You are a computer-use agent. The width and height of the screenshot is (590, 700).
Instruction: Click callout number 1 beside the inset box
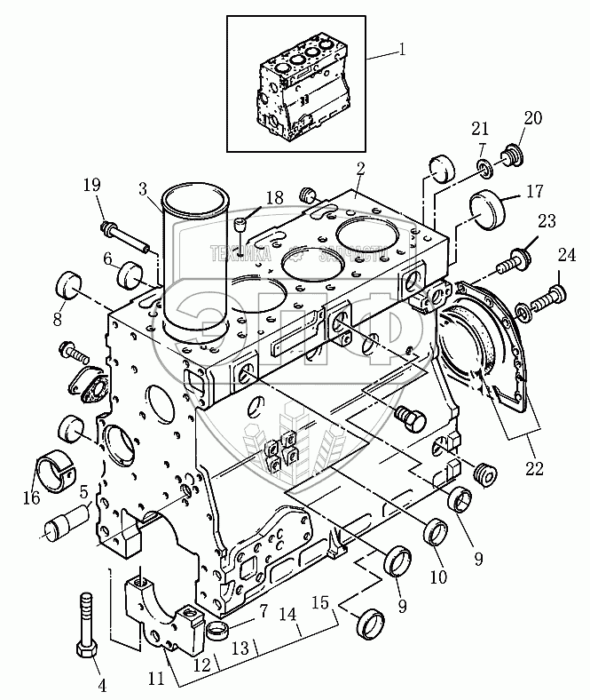point(403,49)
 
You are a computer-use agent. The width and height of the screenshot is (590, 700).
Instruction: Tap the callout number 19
point(92,186)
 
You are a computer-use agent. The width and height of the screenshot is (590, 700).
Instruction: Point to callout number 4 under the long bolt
point(101,684)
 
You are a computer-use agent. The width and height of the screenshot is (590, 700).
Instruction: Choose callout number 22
point(532,465)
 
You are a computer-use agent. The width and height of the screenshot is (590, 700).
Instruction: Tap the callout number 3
point(142,190)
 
